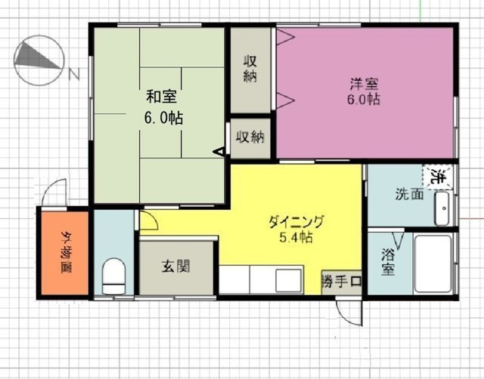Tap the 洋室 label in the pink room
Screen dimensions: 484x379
(365, 84)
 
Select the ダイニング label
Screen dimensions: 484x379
(296, 221)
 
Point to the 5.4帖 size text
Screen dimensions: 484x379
(296, 237)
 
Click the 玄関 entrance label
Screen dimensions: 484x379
(176, 267)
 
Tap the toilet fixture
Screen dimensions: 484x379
(113, 276)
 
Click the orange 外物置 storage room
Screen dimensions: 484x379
(65, 253)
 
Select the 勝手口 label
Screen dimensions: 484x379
(341, 282)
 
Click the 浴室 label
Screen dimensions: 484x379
(388, 262)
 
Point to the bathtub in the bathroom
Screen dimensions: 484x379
(433, 264)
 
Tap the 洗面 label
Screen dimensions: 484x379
(410, 194)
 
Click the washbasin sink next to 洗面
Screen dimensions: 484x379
(443, 208)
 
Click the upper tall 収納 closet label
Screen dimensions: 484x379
(250, 69)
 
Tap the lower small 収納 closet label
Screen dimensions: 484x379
(250, 137)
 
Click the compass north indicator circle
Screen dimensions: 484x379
(39, 60)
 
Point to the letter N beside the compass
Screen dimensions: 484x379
(74, 74)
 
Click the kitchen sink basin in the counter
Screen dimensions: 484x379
(289, 280)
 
